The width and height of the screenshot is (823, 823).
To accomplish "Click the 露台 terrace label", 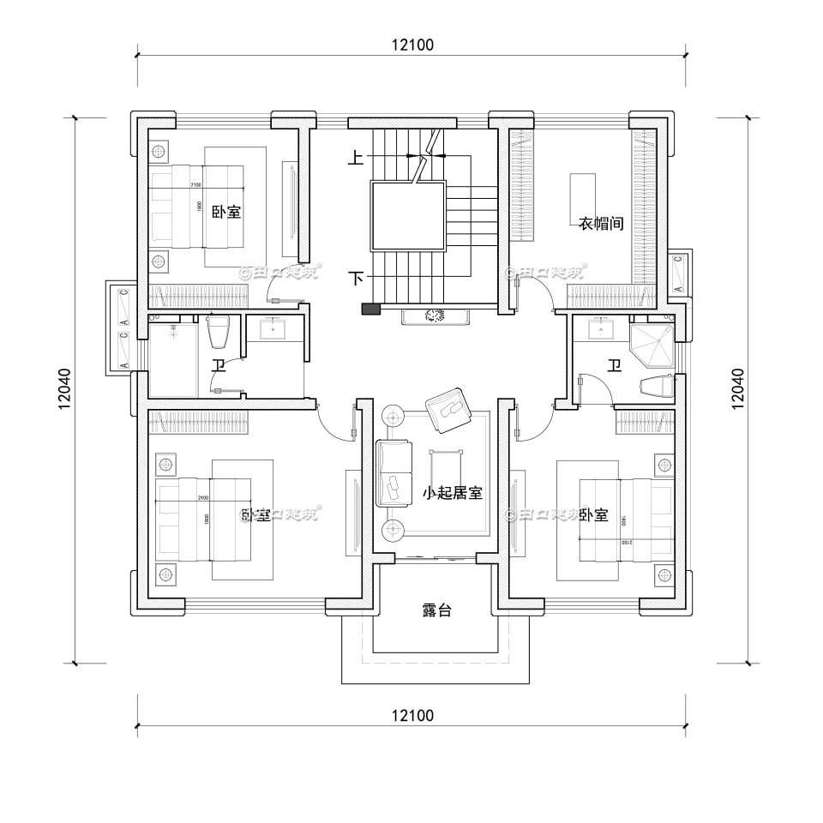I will (437, 610).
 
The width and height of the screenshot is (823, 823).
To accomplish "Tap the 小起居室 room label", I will (452, 493).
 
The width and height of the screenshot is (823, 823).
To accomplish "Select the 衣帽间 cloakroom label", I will (599, 223).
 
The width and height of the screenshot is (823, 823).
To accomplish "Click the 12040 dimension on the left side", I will (65, 390).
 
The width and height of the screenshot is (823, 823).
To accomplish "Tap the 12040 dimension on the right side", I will (738, 390).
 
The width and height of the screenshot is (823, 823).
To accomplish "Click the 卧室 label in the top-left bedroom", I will (226, 212).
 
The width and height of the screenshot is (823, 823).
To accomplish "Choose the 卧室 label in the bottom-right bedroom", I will (593, 514).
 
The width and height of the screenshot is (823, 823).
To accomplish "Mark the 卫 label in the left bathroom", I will (219, 367).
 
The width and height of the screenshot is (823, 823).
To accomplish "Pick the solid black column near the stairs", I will (370, 309).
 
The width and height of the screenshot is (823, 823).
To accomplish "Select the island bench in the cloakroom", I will (583, 198).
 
